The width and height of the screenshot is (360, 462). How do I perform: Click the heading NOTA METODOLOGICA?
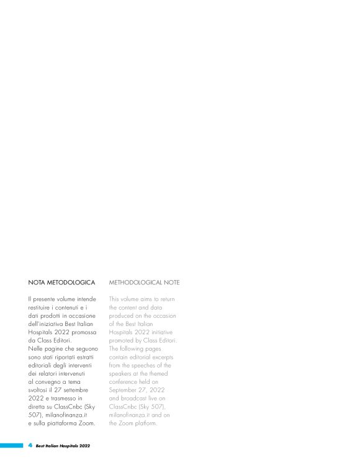point(61,283)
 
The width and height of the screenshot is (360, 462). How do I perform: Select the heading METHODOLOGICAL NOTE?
point(144,283)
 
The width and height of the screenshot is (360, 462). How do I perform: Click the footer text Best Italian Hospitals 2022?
point(63,445)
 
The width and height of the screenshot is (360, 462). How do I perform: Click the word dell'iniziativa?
point(49,324)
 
